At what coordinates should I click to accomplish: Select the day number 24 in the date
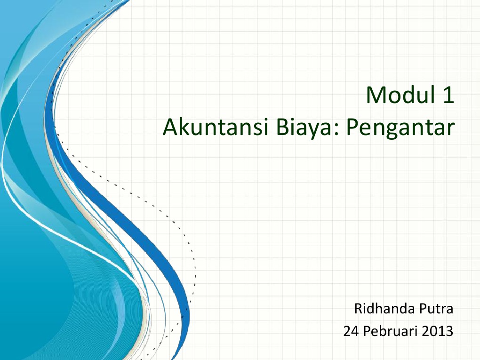click(350, 331)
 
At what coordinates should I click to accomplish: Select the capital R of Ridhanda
click(358, 309)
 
